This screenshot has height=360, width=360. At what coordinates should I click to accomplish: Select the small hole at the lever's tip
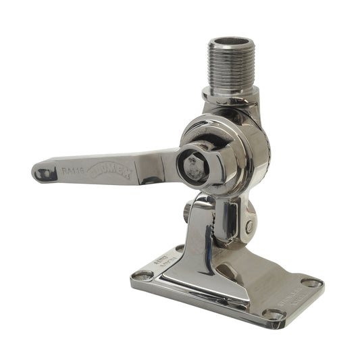[44, 174]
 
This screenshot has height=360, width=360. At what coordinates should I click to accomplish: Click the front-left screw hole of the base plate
[143, 275]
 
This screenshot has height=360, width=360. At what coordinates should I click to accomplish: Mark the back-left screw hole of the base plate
[181, 248]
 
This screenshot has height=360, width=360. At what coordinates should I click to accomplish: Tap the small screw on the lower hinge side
[250, 226]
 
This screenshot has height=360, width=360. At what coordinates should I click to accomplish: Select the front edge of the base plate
[203, 297]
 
